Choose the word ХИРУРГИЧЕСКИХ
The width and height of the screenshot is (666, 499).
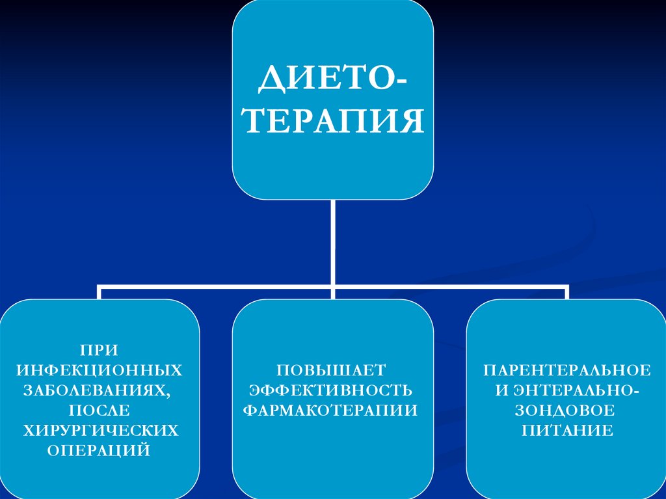pyautogui.click(x=100, y=430)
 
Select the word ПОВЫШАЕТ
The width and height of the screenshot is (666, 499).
pyautogui.click(x=332, y=370)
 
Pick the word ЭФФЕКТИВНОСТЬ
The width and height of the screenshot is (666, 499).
pyautogui.click(x=331, y=390)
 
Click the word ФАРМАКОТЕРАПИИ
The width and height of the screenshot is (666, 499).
pyautogui.click(x=331, y=410)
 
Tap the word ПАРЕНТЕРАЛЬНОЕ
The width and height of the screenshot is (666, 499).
pyautogui.click(x=566, y=370)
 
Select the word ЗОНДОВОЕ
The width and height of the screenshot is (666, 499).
pyautogui.click(x=566, y=410)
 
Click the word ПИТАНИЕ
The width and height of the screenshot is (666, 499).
pyautogui.click(x=566, y=430)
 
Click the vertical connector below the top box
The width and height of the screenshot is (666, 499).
pyautogui.click(x=333, y=241)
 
